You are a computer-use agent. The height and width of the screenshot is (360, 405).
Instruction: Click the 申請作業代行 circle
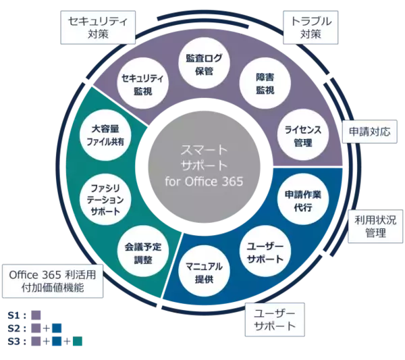tap(303, 201)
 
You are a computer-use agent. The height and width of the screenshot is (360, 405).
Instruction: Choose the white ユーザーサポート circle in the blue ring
tap(265, 252)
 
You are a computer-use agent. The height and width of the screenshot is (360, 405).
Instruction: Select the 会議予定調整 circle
tap(142, 252)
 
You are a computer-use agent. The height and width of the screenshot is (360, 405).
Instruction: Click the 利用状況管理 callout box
tap(375, 227)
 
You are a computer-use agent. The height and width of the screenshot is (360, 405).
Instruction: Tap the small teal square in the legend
tap(78, 341)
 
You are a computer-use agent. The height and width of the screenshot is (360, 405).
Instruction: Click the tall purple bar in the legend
tap(36, 329)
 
